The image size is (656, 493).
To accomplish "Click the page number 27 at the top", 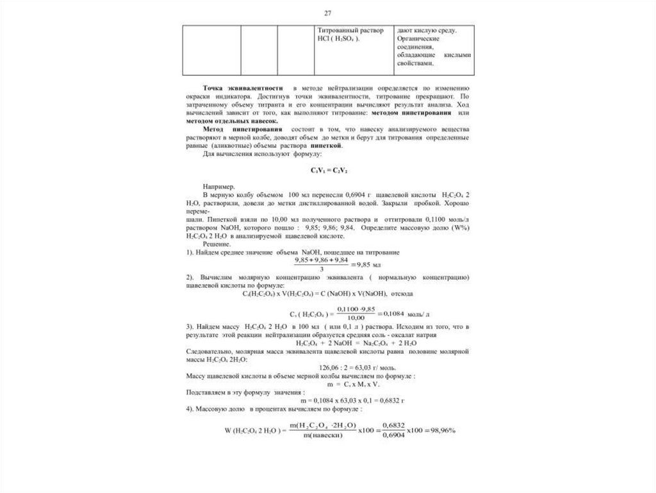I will [328, 13].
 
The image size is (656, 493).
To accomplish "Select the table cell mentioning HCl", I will [355, 51].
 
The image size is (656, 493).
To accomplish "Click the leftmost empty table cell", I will [211, 51].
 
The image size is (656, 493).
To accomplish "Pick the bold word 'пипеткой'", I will [328, 145].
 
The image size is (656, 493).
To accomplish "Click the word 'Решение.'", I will [213, 244].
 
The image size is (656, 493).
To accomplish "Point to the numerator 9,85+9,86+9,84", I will [321, 260].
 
